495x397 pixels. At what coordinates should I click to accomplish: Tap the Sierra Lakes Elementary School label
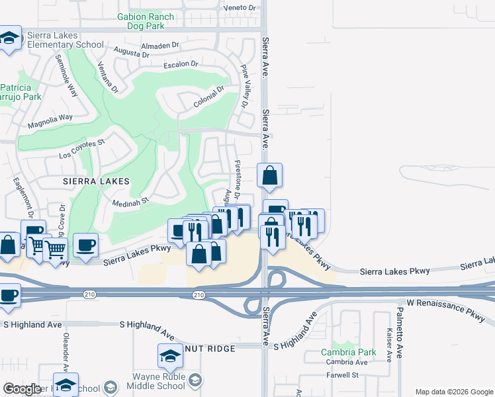[x=65, y=40]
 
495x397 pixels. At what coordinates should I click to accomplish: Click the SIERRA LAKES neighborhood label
[x=91, y=180]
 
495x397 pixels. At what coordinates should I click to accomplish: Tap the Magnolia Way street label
[x=50, y=121]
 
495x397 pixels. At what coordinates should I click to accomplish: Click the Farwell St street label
[x=345, y=375]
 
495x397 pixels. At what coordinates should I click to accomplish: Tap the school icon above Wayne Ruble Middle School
[x=170, y=356]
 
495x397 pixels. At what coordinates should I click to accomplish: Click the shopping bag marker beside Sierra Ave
[x=269, y=176]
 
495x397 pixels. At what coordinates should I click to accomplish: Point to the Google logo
[x=22, y=389]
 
